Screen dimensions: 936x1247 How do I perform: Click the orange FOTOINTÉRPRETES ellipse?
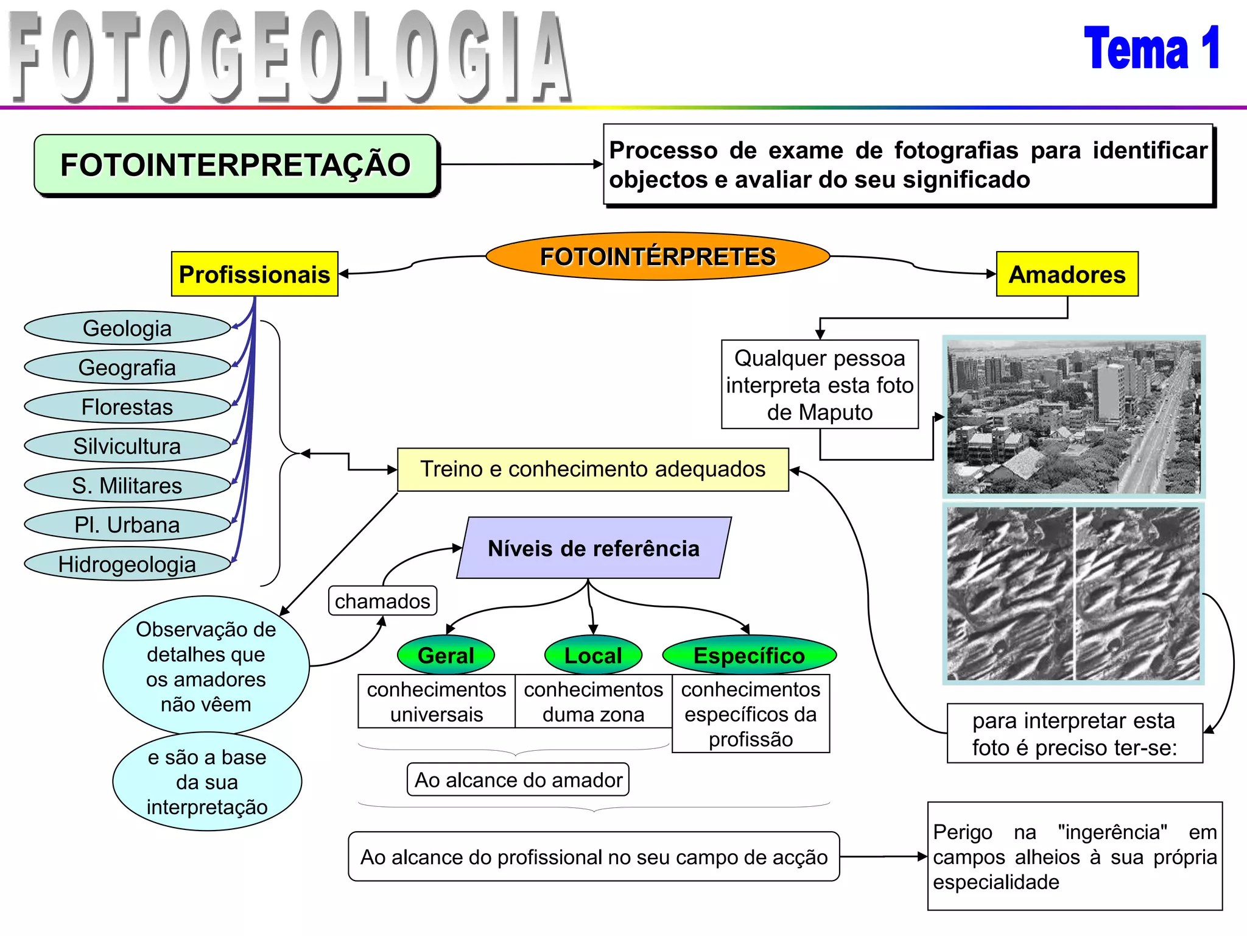point(658,257)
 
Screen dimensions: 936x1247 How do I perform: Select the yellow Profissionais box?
point(255,274)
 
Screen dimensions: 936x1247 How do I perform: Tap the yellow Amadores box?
point(1067,274)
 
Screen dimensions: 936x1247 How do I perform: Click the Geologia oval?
point(127,328)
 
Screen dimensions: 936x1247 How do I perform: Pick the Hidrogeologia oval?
point(127,564)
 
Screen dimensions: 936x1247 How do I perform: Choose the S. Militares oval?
point(127,486)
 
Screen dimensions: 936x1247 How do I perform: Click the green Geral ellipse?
point(446,656)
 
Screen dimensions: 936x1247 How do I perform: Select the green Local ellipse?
point(593,656)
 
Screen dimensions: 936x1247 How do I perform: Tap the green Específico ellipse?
point(749,656)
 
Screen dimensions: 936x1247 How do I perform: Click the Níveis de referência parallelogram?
point(594,548)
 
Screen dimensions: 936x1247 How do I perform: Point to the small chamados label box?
point(382,601)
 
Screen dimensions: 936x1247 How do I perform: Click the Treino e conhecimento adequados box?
point(592,469)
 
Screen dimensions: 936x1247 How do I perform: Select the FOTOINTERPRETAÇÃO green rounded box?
point(236,165)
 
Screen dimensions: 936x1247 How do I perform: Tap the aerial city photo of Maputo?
point(1073,417)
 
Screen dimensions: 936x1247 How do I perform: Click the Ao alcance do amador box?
point(518,780)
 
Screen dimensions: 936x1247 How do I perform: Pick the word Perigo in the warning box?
point(963,832)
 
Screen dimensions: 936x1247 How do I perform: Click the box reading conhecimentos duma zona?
point(593,701)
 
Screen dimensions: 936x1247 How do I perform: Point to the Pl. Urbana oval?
point(127,525)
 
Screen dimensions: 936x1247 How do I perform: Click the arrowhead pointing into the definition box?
point(598,164)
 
